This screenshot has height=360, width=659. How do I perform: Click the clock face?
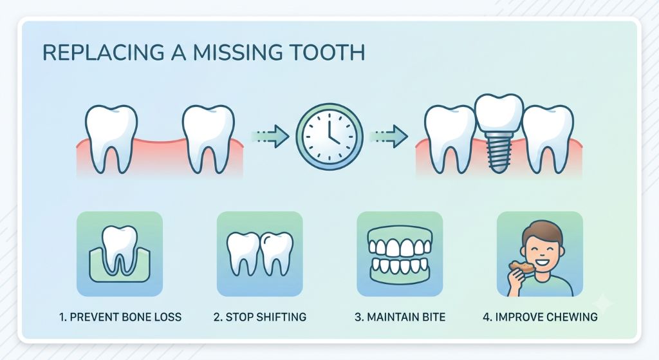click(329, 137)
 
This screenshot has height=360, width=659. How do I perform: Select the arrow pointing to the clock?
click(270, 136)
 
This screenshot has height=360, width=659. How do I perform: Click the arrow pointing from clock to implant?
click(389, 136)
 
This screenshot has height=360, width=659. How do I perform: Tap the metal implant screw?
click(499, 151)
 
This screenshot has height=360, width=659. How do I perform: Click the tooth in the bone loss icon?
click(120, 248)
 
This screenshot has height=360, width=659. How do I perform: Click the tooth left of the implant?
click(450, 139)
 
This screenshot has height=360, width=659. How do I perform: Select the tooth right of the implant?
click(548, 139)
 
